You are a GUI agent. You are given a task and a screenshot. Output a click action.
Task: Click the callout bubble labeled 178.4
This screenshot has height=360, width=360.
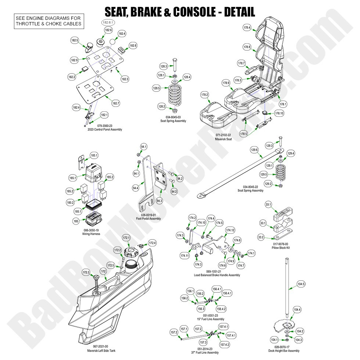click(x=247, y=28)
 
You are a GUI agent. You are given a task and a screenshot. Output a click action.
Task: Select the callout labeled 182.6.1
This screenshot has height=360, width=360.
click(x=108, y=22)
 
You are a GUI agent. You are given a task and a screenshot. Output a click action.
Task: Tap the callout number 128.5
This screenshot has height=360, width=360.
click(x=156, y=88)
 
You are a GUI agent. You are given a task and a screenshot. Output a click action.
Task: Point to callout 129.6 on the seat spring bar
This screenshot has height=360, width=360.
click(x=255, y=150)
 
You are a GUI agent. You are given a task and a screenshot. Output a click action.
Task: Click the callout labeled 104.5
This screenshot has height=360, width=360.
click(x=301, y=284)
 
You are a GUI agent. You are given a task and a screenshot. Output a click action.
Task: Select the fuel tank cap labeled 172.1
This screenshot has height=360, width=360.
click(x=126, y=238)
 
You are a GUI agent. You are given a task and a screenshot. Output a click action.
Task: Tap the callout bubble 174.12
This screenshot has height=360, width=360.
click(x=230, y=230)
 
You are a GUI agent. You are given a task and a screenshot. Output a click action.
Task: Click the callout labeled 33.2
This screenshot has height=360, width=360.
click(x=261, y=237)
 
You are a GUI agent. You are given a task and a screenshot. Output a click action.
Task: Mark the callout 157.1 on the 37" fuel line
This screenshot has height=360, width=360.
click(x=184, y=329)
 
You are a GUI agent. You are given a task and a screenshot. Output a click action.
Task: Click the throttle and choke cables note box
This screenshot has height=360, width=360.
click(x=48, y=21)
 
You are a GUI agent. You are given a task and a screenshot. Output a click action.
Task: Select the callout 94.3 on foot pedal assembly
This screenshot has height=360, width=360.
click(x=159, y=201)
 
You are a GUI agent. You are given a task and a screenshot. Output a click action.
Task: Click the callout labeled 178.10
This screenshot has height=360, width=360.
click(x=279, y=113)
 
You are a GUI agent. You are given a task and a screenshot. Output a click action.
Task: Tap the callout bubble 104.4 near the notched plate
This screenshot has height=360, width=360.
click(x=297, y=310)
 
